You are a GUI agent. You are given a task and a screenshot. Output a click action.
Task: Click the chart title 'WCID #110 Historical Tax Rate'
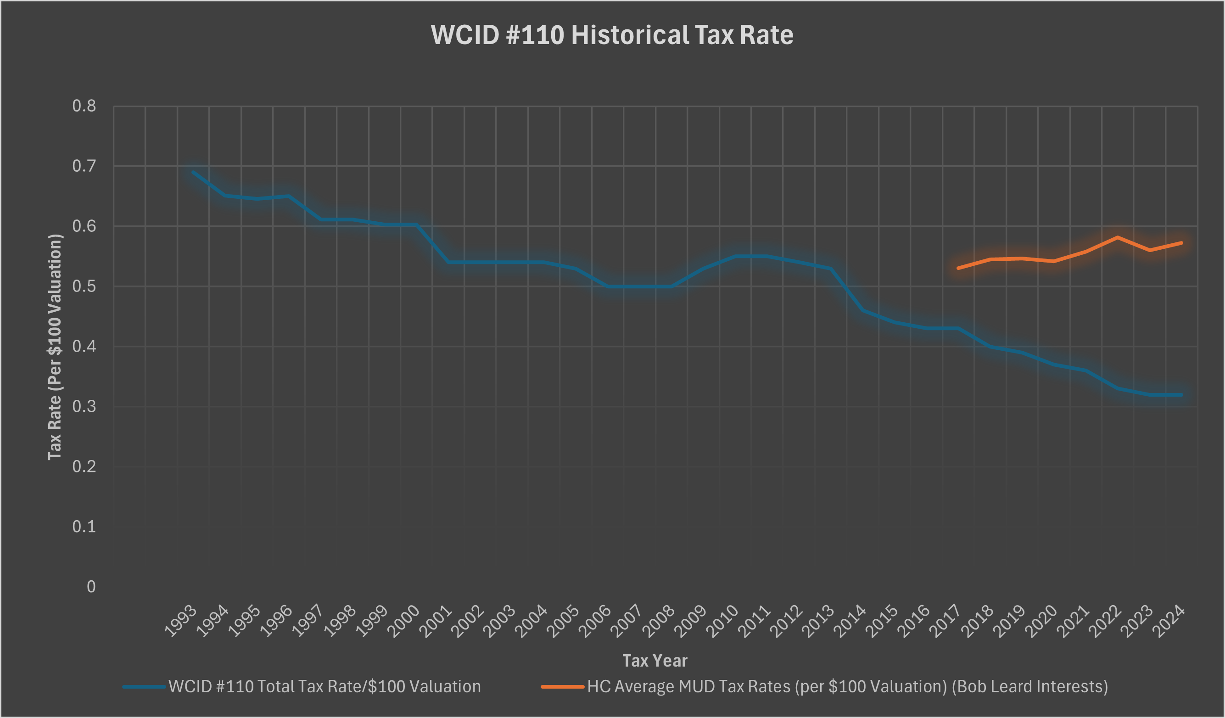tap(611, 35)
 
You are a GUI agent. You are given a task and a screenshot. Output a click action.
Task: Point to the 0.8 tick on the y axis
tap(84, 106)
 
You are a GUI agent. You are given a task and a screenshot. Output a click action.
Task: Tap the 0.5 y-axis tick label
tap(84, 286)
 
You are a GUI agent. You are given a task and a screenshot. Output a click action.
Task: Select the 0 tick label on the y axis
tap(91, 587)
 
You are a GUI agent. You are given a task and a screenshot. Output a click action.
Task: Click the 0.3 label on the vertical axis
tap(84, 406)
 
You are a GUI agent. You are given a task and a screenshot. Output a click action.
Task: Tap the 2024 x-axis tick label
tap(1169, 621)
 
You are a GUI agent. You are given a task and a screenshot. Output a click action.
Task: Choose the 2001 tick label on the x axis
tap(436, 621)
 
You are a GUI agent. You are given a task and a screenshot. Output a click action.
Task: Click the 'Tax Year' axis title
tap(655, 661)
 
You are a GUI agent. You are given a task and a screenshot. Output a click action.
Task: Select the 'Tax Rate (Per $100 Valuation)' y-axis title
tap(55, 347)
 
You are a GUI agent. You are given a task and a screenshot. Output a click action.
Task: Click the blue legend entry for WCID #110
tap(302, 687)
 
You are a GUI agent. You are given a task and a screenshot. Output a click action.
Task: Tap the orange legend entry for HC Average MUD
tap(824, 687)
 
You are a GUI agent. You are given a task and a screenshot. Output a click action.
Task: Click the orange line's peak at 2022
tap(1118, 237)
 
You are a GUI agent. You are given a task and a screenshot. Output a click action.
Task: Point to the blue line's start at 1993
tap(193, 172)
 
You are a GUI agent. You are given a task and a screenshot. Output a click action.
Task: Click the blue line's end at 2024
tap(1181, 395)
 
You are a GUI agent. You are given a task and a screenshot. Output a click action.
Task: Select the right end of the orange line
tap(1181, 243)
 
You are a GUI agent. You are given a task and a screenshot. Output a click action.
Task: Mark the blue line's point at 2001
tap(448, 263)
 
